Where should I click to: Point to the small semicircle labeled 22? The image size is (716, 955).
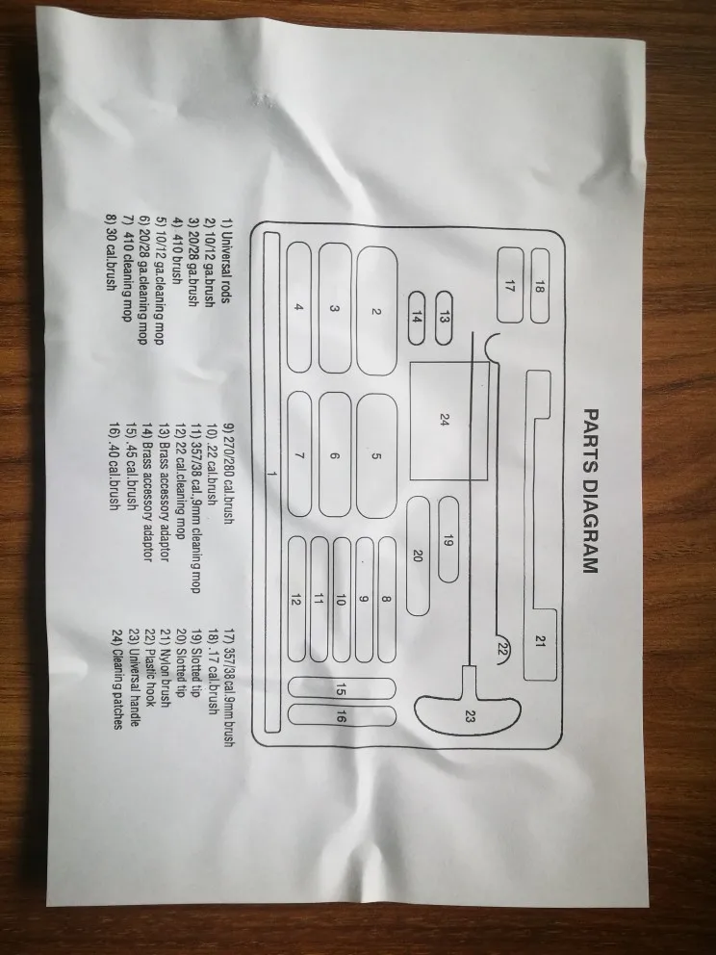[501, 650]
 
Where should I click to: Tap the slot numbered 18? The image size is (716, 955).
[540, 286]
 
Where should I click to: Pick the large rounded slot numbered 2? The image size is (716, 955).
[378, 311]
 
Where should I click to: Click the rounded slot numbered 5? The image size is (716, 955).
[377, 456]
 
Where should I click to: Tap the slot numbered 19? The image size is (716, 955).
[447, 540]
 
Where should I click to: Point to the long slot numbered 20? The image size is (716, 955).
[418, 555]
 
